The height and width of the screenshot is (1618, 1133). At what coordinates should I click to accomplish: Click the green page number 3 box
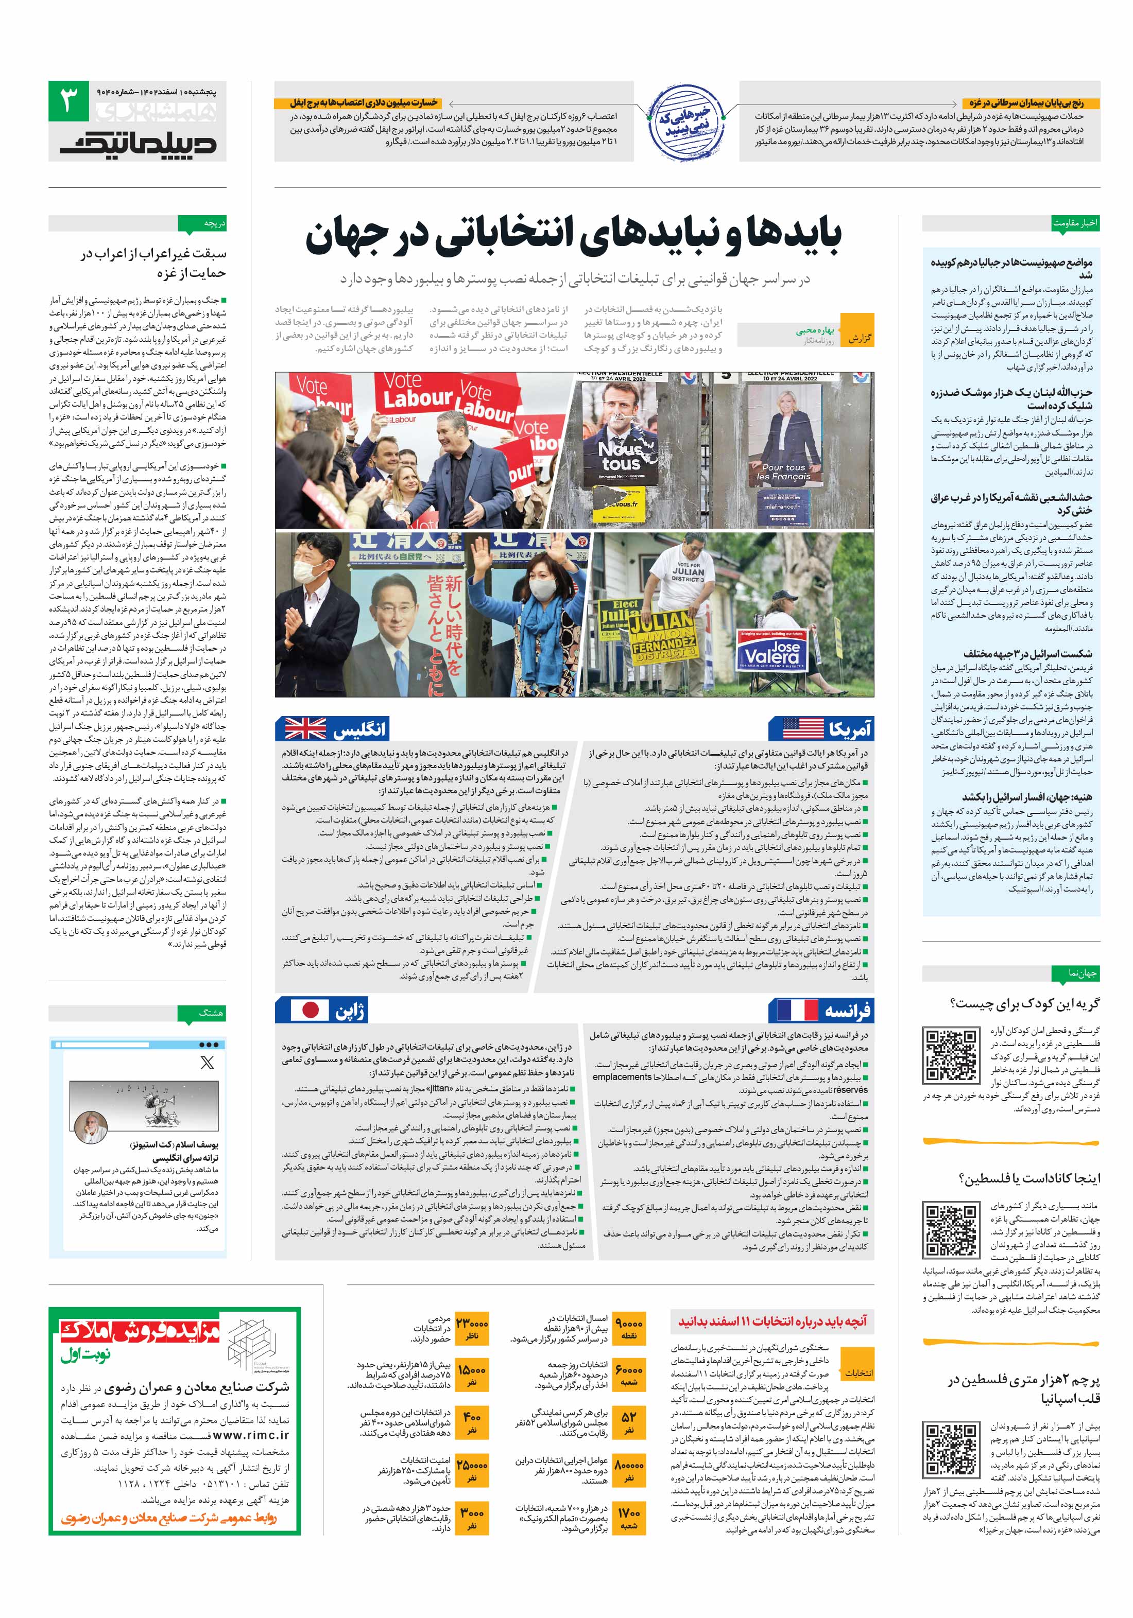[68, 101]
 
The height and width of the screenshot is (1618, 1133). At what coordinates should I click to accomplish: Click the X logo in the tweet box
[207, 1062]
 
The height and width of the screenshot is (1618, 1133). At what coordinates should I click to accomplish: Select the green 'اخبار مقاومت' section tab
[1074, 223]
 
